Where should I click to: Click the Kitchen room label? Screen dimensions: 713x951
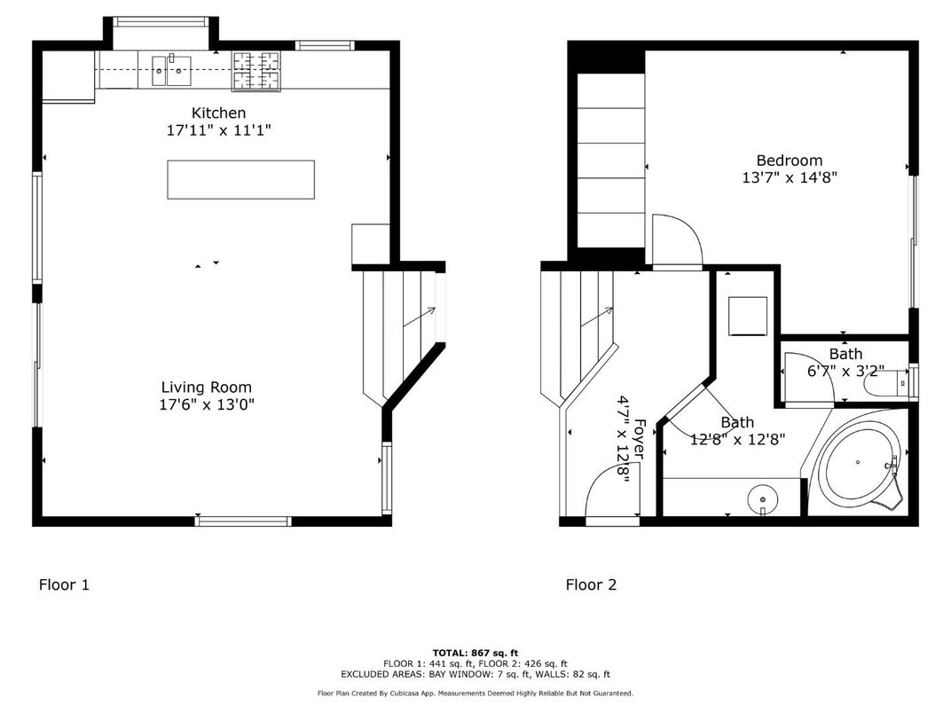(x=218, y=113)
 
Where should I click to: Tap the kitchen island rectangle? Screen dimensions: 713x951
(x=240, y=179)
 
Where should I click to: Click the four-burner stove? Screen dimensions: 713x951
(x=256, y=71)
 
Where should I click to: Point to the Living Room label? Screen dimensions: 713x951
(x=206, y=387)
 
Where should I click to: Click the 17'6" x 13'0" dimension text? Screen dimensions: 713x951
(x=206, y=404)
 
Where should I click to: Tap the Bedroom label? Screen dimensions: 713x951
(x=789, y=161)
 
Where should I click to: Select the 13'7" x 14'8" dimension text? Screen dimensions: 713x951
(x=789, y=177)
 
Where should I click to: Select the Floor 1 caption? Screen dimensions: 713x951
(x=64, y=584)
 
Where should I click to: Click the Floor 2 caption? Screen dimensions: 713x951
(x=591, y=584)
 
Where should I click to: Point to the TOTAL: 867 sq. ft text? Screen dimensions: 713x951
(x=475, y=652)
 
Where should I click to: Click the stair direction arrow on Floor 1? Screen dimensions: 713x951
(x=419, y=317)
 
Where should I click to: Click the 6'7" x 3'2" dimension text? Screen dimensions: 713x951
(x=845, y=372)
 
